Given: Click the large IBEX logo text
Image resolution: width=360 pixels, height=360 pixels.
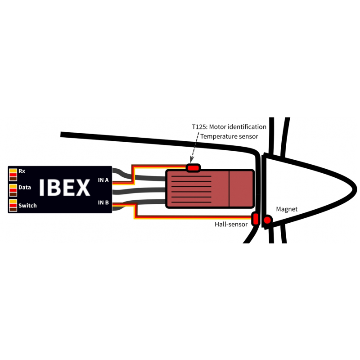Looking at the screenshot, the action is click(x=64, y=188).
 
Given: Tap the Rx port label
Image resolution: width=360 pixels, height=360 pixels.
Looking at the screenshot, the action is click(x=22, y=171).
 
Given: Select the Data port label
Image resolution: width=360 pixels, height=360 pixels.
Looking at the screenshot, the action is click(x=25, y=187).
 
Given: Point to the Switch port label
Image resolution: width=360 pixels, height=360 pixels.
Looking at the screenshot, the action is click(x=27, y=206).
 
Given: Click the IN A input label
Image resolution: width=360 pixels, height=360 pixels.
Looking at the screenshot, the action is click(x=103, y=180).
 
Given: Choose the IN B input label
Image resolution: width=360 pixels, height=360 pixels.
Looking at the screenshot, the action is click(x=103, y=202).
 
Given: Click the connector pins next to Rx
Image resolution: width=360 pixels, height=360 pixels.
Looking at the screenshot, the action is click(x=13, y=175).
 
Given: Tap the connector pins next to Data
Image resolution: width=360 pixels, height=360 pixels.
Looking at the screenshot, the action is click(x=13, y=190).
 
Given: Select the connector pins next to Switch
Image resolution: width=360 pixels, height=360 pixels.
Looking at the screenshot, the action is click(x=13, y=205).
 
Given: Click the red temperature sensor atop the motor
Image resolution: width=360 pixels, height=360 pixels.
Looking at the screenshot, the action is click(x=193, y=168).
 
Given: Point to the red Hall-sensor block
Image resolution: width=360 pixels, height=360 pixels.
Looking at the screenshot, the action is click(x=255, y=219).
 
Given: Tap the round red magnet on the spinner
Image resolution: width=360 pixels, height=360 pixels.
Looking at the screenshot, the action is click(x=267, y=220).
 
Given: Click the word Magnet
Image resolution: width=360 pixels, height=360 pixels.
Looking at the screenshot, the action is click(x=287, y=209).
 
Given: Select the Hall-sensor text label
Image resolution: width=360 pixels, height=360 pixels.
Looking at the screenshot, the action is click(x=231, y=224).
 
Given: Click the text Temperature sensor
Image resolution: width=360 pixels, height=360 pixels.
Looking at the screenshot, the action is click(x=229, y=137).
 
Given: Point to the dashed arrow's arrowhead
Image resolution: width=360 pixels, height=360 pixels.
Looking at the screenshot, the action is click(x=192, y=160).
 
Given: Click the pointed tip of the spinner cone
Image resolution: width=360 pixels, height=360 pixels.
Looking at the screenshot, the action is click(x=356, y=189).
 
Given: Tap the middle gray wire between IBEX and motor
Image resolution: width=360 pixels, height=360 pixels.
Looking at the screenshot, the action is click(x=139, y=190).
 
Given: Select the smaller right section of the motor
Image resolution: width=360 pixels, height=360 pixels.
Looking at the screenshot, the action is click(x=241, y=189).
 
